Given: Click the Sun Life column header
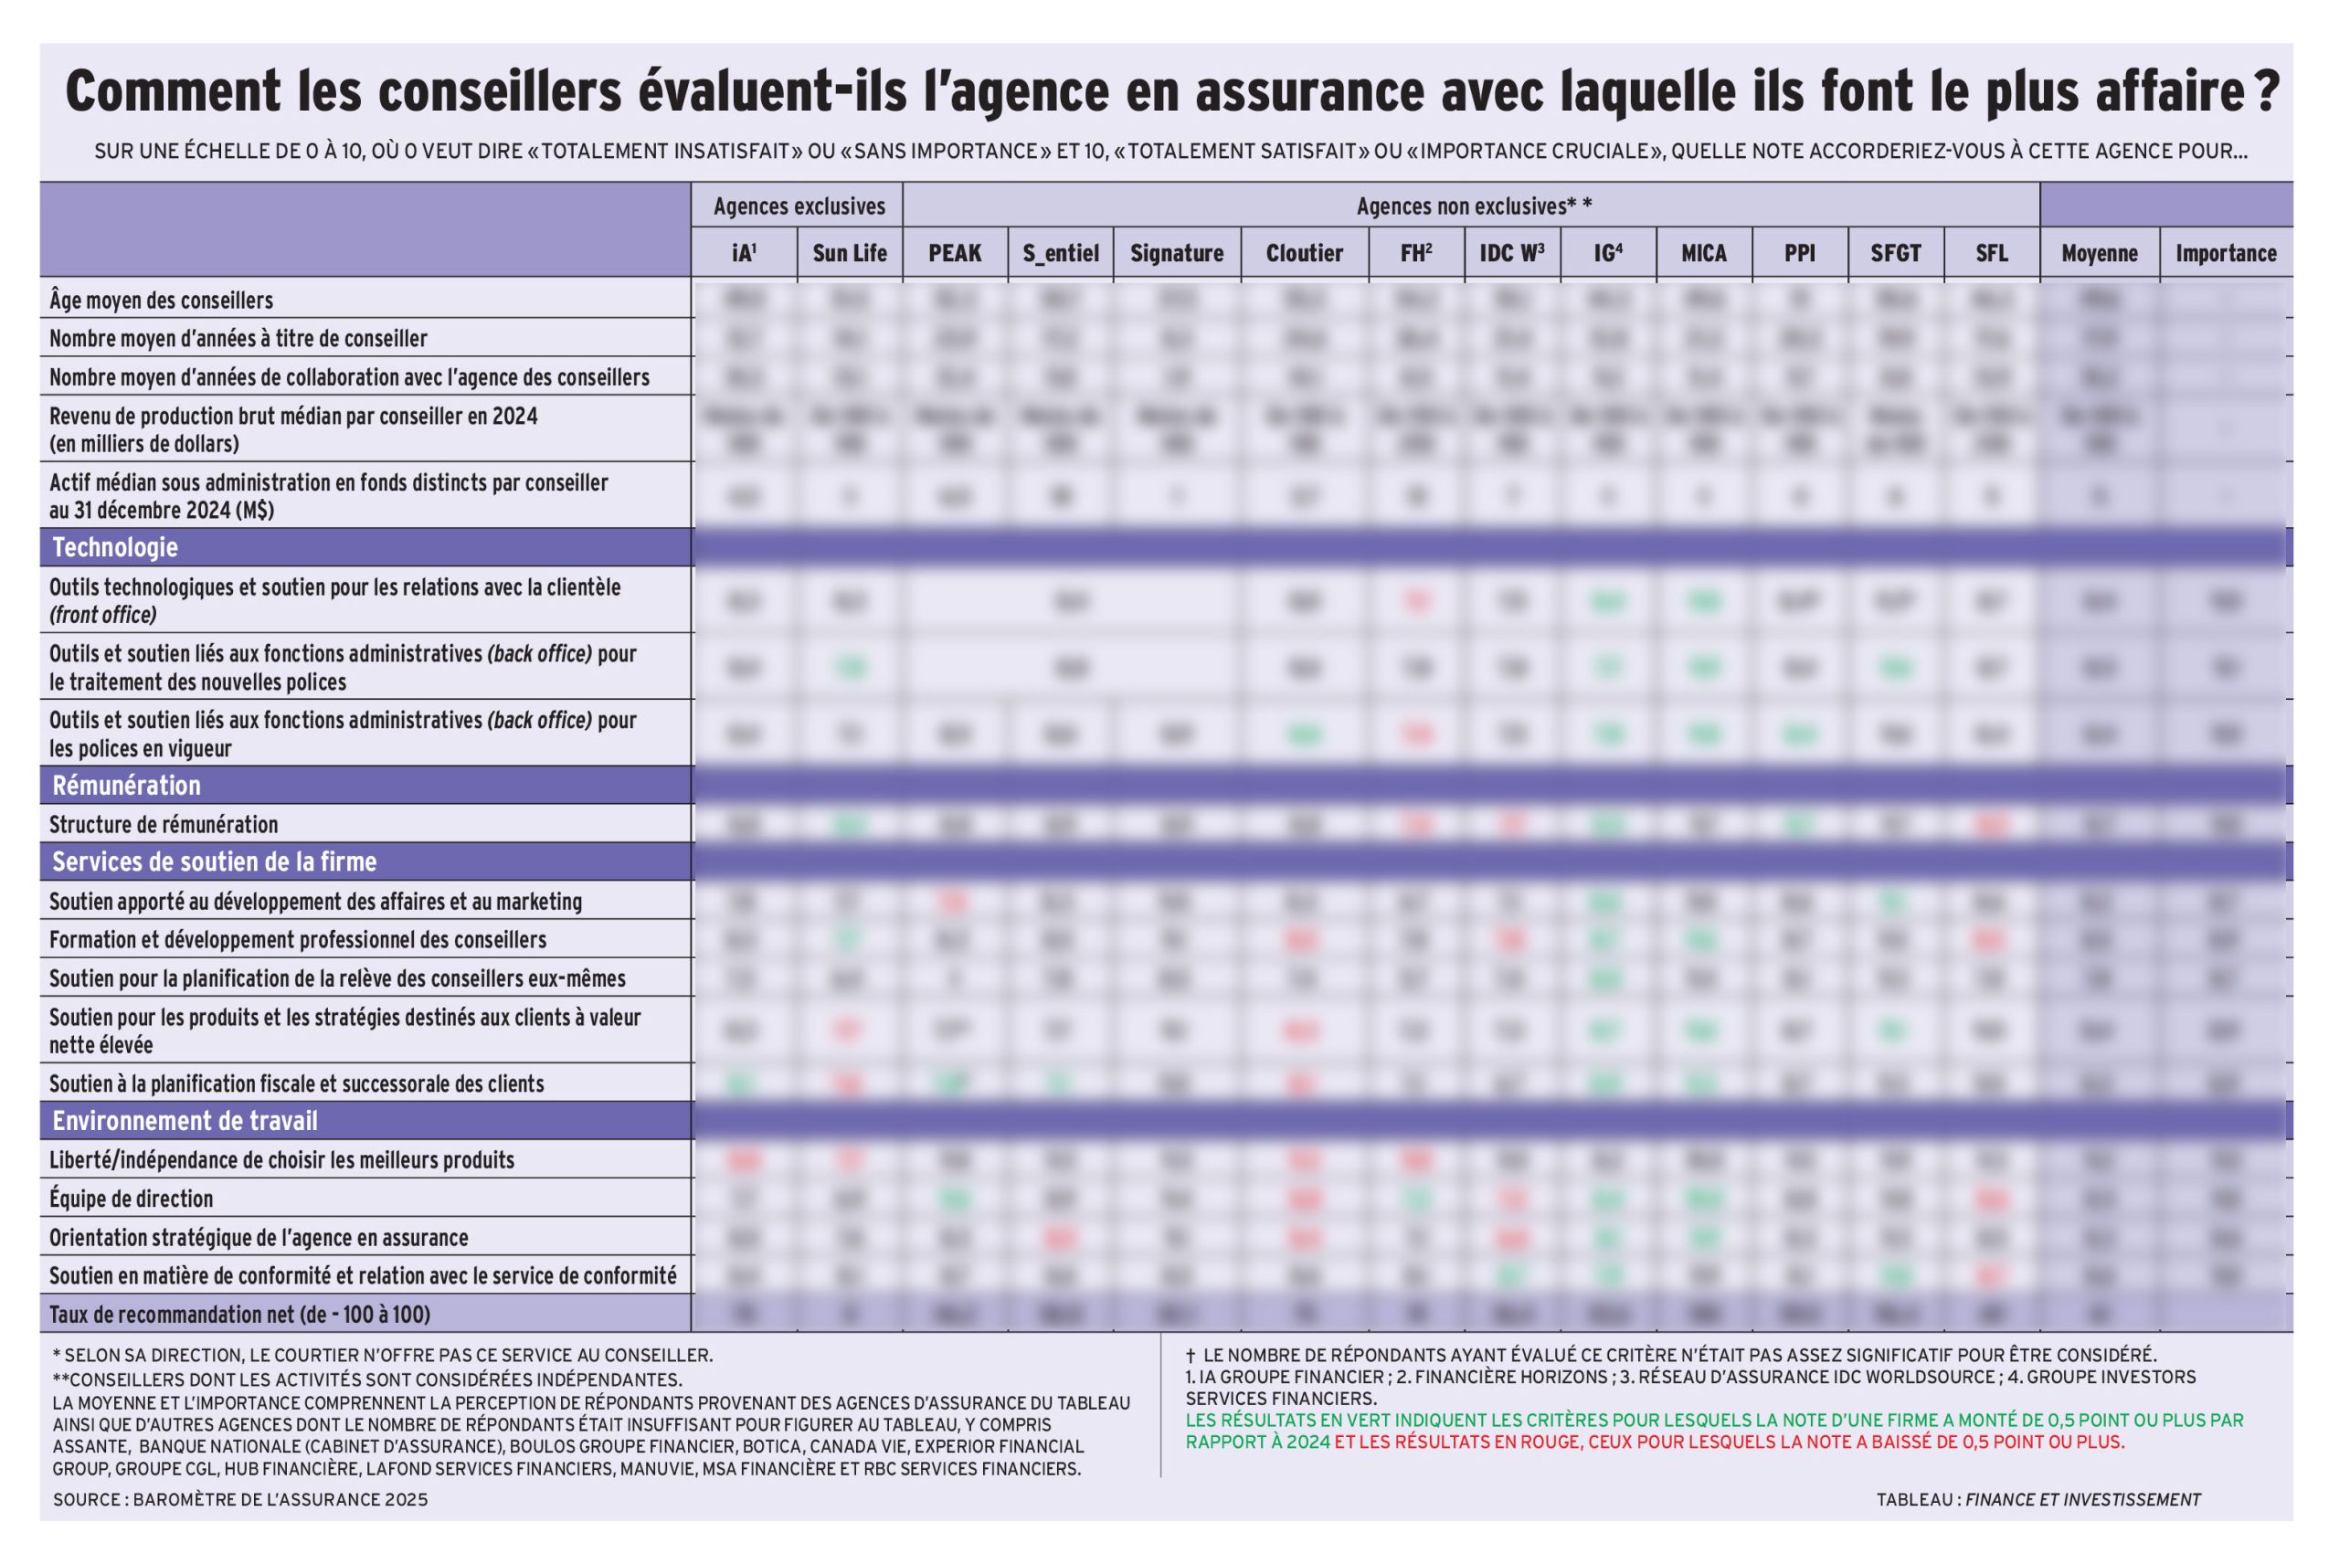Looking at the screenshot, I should point(849,253).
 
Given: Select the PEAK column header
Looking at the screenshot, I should point(955,253).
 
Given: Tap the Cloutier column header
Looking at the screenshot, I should point(1304,253).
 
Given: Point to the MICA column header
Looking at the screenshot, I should point(1703,253).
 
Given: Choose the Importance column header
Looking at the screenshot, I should point(2226,253).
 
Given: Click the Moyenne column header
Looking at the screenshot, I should point(2099,253).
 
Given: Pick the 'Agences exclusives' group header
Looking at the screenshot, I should point(798,206).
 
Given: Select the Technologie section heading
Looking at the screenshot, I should point(115,547).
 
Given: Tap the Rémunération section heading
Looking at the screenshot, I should point(126,786).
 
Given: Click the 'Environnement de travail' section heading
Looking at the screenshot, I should point(185,1121).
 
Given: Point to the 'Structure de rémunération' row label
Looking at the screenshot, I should point(164,825).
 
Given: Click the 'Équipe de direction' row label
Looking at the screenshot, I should point(131,1199).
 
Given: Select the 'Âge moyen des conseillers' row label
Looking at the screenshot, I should point(161,301).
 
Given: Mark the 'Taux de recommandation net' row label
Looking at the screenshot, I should point(239,1315).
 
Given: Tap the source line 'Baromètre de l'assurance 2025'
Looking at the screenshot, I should point(239,1500).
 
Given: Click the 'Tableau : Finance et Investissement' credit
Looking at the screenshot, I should point(2037,1500).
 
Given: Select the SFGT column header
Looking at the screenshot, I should point(1895,253).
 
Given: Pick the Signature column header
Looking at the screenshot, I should point(1176,253).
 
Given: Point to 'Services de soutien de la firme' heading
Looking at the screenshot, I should point(214,861).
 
